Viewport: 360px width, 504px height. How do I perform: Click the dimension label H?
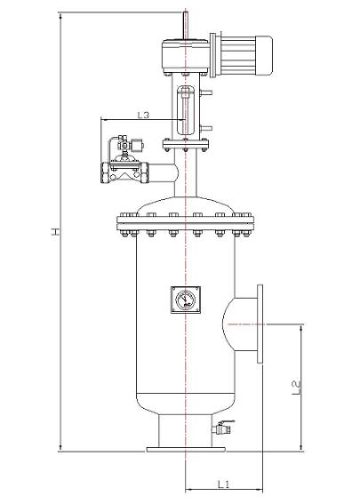pyautogui.click(x=54, y=233)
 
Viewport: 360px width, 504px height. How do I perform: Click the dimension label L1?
pyautogui.click(x=224, y=484)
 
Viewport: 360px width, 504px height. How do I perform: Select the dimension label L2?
pyautogui.click(x=296, y=388)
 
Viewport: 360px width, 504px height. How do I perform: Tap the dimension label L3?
pyautogui.click(x=143, y=115)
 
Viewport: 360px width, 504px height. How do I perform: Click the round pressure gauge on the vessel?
pyautogui.click(x=184, y=300)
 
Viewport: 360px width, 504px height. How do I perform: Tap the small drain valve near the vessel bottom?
pyautogui.click(x=222, y=429)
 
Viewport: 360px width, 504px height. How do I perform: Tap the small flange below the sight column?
pyautogui.click(x=184, y=142)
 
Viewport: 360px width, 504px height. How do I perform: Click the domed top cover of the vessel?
pyautogui.click(x=184, y=203)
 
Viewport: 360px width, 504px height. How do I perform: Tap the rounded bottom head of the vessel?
pyautogui.click(x=184, y=404)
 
